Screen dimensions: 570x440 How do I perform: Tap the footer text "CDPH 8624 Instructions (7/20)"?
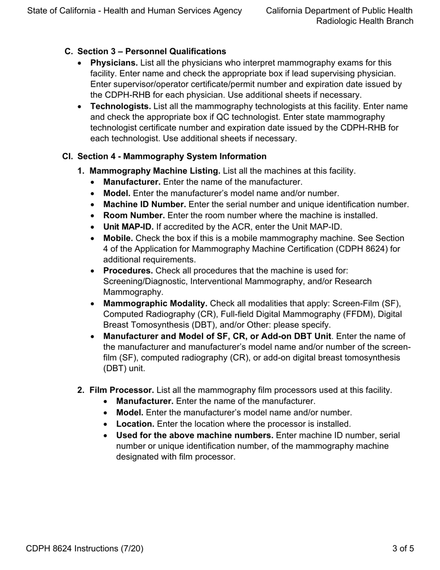[85, 549]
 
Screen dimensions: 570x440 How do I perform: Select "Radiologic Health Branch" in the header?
[365, 21]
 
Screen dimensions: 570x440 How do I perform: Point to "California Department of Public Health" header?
[339, 10]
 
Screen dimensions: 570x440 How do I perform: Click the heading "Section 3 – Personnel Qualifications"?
[151, 51]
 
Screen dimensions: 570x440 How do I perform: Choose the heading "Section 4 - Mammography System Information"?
[172, 157]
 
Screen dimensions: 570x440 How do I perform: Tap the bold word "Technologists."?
[120, 107]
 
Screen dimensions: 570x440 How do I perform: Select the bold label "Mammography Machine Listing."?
[155, 171]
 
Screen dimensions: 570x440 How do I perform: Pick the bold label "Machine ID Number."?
[145, 204]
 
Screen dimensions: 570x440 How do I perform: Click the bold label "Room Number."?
[134, 215]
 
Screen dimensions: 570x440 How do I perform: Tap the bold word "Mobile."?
[118, 238]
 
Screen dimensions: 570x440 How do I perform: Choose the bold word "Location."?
[135, 424]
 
